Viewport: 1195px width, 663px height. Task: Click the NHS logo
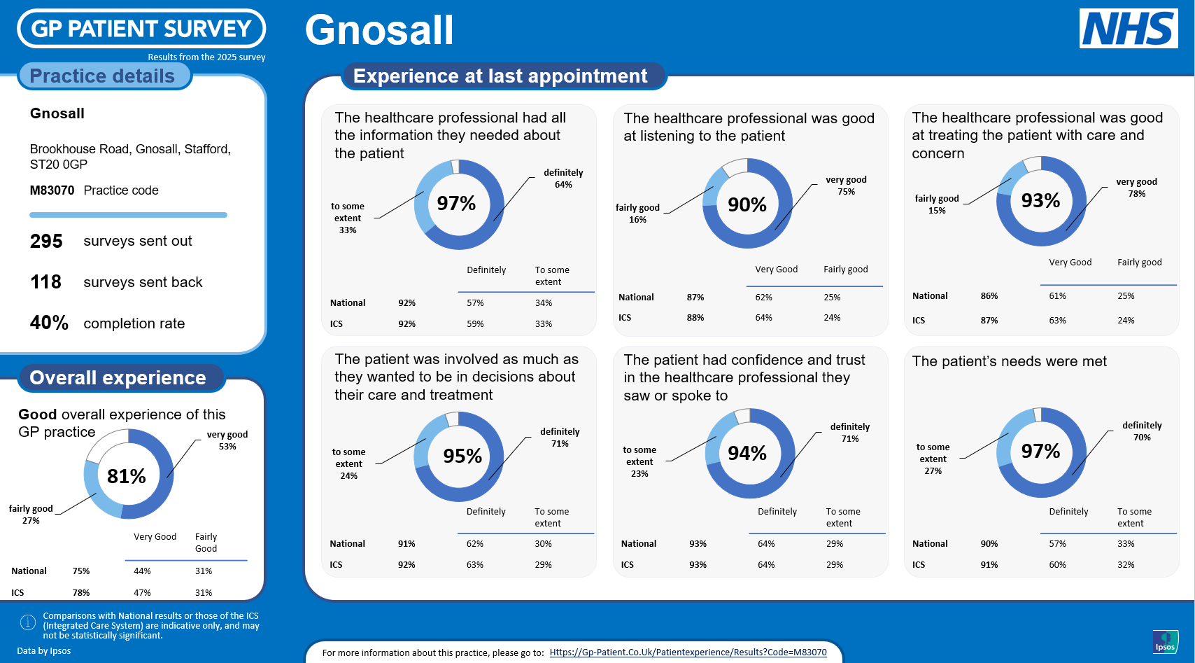[1128, 29]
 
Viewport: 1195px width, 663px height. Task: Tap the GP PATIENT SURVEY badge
[141, 29]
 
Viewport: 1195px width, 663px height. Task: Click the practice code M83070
[52, 190]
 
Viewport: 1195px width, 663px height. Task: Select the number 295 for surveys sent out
[46, 242]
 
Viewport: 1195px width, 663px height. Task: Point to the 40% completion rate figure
[49, 323]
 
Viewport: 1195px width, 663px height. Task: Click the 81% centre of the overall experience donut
[127, 476]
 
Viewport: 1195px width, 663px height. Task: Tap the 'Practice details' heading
[103, 76]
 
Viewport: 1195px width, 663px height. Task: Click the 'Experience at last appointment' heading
[500, 76]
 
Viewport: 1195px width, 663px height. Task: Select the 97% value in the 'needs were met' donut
[1040, 452]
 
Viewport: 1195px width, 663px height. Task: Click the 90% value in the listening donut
[747, 204]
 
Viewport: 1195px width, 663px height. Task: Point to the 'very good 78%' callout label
[1136, 188]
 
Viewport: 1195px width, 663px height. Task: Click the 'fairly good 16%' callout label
[637, 214]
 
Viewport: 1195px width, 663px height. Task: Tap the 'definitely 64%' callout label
[563, 179]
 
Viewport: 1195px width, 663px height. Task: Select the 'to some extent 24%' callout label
[348, 463]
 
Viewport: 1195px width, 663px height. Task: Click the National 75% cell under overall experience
[81, 571]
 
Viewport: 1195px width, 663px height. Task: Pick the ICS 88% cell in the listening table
[695, 318]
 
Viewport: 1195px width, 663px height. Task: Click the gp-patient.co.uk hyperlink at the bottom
[688, 652]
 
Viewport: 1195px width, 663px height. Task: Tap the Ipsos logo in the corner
[1165, 641]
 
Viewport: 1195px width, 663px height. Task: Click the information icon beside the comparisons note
[28, 622]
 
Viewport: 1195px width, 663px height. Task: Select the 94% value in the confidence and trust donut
[747, 454]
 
